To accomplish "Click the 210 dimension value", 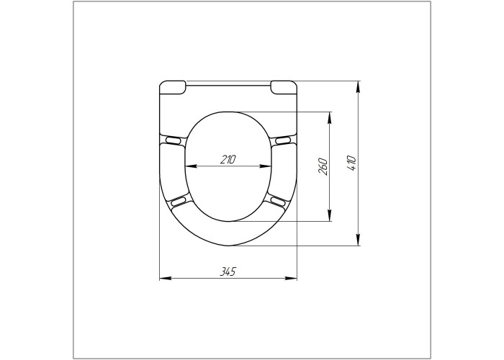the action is click(228, 159).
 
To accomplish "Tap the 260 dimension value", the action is click(323, 166).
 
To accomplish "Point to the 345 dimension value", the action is click(228, 271).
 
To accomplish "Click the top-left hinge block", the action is click(173, 87).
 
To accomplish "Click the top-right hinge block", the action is click(283, 87).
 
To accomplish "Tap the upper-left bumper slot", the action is click(173, 140).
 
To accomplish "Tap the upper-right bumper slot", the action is click(284, 140).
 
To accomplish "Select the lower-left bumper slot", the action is click(179, 202).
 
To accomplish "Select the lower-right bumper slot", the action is click(278, 202).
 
